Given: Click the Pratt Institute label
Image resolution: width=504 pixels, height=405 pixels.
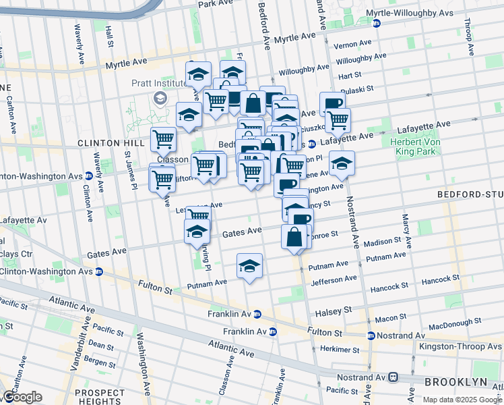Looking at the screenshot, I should pos(158,83).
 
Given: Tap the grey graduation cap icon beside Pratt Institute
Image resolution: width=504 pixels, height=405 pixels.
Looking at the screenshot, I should pos(160,99).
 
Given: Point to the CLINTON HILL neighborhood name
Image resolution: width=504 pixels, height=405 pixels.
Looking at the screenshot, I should pos(111,143).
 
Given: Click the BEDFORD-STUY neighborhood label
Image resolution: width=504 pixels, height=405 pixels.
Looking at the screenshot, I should pos(470,194).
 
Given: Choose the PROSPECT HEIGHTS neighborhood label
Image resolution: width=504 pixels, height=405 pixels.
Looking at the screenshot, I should pos(100,397).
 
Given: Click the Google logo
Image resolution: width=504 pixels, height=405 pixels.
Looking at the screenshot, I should pos(23,397).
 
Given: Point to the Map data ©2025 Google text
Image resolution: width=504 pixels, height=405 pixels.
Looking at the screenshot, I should pos(462,400).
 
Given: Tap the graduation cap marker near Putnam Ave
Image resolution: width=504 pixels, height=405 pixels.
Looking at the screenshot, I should pos(249,265).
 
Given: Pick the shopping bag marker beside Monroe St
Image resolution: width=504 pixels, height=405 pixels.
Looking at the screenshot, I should pos(294,236).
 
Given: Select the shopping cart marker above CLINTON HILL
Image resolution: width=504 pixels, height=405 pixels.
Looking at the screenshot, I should pos(163,139).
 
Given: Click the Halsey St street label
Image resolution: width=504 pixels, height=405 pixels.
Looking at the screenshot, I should pos(339,310).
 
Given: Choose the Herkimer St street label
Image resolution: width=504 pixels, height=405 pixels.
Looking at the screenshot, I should pos(340,349).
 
